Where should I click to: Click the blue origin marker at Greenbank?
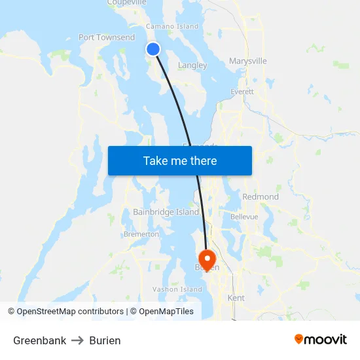click(153, 49)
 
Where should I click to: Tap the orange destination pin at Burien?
click(207, 259)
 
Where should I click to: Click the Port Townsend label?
click(107, 37)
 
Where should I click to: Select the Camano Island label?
click(171, 26)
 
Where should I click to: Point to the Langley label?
click(192, 65)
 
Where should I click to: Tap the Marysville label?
click(248, 61)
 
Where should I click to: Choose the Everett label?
click(242, 92)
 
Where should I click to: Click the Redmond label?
click(261, 196)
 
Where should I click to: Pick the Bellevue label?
click(244, 217)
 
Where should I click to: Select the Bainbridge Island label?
click(166, 212)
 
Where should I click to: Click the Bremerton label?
click(141, 234)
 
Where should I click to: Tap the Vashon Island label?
click(177, 289)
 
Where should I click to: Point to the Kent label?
click(236, 298)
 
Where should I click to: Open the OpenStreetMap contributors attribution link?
click(70, 312)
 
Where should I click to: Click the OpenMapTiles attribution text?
click(166, 312)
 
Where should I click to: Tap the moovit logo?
click(321, 339)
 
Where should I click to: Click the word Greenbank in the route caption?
click(39, 340)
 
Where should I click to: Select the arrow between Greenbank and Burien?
click(77, 340)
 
